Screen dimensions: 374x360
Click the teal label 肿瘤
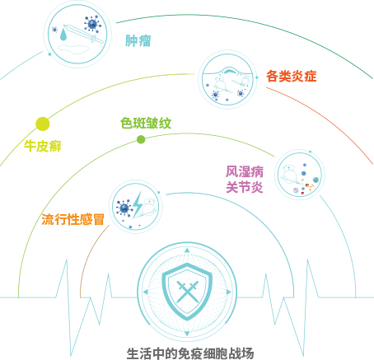(x=138, y=40)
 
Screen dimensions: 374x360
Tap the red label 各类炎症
(x=292, y=76)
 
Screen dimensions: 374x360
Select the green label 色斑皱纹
(x=146, y=123)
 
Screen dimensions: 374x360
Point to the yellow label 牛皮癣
(x=43, y=146)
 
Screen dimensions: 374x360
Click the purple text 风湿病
(x=245, y=171)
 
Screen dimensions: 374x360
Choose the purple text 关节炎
(x=245, y=187)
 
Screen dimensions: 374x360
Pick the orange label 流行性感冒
(x=73, y=219)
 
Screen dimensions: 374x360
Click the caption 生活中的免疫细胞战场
(x=190, y=353)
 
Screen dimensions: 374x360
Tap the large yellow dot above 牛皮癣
(x=43, y=124)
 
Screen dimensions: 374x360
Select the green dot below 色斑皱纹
(x=141, y=139)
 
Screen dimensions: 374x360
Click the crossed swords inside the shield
(x=188, y=292)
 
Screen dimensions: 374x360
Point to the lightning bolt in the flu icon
(x=138, y=204)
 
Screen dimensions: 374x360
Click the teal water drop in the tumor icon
(x=63, y=34)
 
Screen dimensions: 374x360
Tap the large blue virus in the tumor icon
(x=92, y=24)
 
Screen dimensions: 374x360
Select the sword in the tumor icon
(x=84, y=34)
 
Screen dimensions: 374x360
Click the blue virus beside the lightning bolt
(x=124, y=208)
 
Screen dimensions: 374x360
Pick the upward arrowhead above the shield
(x=187, y=250)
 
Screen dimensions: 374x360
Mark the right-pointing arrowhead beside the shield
(x=229, y=292)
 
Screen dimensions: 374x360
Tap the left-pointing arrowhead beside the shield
(x=146, y=292)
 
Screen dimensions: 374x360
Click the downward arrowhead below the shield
(x=187, y=334)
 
